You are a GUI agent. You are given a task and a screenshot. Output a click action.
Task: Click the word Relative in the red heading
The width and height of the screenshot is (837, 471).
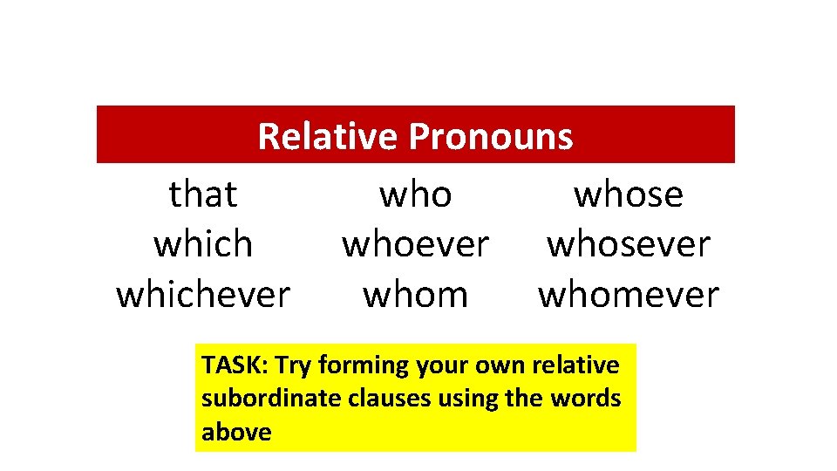(328, 136)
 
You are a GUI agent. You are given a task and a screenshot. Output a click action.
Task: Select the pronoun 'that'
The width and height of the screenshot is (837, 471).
(203, 194)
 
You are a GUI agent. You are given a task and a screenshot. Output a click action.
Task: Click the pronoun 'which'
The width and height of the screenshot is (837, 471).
(203, 244)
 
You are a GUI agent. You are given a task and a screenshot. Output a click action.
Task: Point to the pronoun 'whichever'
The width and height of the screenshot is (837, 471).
(203, 295)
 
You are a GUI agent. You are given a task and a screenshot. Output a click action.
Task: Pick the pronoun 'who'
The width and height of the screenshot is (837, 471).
(415, 194)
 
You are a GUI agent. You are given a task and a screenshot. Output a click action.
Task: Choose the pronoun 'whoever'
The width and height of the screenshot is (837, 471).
(415, 244)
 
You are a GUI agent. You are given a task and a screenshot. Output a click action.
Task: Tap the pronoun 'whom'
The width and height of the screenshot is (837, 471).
(415, 295)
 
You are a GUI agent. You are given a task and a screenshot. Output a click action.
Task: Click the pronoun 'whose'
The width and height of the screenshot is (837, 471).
(628, 194)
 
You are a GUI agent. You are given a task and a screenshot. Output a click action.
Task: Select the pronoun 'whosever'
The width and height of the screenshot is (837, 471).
(628, 244)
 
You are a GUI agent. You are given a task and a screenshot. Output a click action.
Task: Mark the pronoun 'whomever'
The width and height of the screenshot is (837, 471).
(628, 295)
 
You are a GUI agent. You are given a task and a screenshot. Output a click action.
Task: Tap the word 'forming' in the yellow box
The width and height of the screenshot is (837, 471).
(364, 365)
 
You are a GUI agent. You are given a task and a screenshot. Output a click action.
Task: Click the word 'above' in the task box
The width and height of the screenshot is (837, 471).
(236, 432)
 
